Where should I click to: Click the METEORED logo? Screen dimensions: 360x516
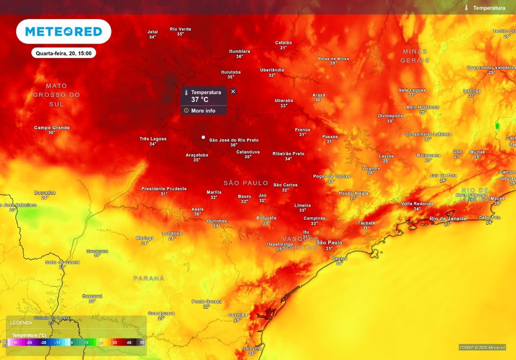tap(63, 32)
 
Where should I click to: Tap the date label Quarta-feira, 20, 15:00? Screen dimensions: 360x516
tap(63, 53)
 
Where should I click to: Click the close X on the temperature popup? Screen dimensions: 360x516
tap(233, 91)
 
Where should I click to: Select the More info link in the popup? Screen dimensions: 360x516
tap(203, 110)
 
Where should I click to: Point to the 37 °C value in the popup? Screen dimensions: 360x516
tap(200, 100)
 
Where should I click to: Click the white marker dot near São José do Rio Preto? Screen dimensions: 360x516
tap(203, 137)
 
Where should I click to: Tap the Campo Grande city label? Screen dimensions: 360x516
tap(52, 128)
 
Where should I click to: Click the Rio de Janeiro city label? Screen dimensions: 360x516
tap(448, 218)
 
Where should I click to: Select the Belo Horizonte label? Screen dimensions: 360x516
tap(422, 107)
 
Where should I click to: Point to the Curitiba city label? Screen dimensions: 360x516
tap(238, 315)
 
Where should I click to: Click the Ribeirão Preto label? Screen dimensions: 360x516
tap(288, 153)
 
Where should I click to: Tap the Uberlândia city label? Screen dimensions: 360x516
tap(272, 70)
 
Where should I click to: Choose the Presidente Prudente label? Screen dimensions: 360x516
tap(164, 189)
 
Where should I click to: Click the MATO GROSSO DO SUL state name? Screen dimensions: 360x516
tap(56, 95)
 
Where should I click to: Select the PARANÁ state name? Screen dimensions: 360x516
tap(149, 278)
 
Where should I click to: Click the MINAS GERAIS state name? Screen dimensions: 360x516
tap(415, 55)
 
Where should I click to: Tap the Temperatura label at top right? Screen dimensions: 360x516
tap(489, 8)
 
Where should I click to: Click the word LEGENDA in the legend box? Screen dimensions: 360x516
tap(21, 322)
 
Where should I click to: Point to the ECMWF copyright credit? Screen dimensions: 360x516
tap(482, 347)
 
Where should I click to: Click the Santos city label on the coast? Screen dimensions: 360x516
tap(340, 258)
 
